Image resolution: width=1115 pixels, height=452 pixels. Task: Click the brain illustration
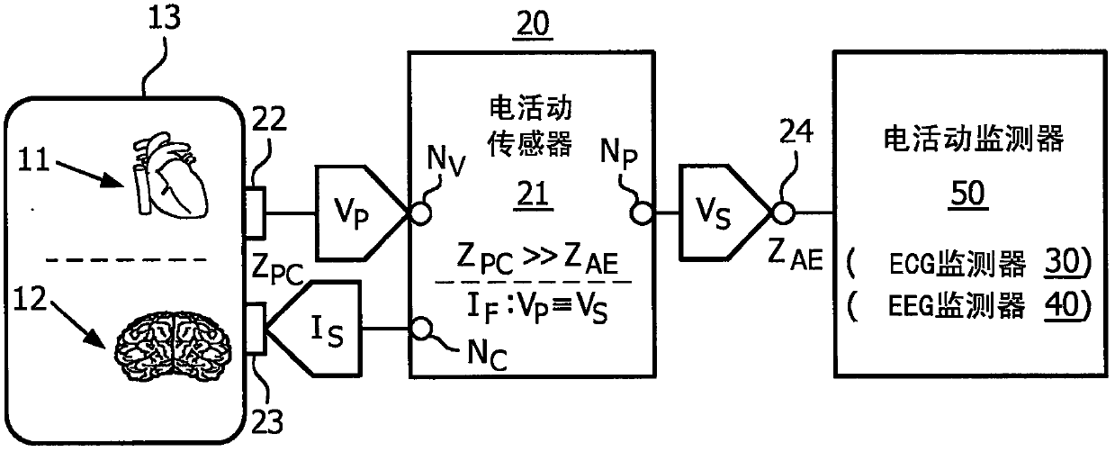(x=173, y=347)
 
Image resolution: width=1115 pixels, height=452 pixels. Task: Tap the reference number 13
(x=165, y=18)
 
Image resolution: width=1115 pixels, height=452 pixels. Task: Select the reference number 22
(x=269, y=119)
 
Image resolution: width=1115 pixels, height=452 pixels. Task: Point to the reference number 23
(x=266, y=421)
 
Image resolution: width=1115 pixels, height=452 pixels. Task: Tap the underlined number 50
(x=967, y=194)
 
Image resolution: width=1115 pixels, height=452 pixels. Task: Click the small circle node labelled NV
(x=420, y=214)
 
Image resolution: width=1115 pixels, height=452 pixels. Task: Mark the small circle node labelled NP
(x=642, y=213)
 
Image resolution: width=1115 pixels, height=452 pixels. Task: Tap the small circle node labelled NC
(x=421, y=329)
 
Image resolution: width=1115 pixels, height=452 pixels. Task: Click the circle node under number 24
(x=783, y=213)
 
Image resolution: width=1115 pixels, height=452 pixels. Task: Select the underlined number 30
(x=1063, y=262)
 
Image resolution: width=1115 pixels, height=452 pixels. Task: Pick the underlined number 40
(x=1063, y=304)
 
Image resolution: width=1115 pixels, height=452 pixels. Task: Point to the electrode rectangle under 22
(x=256, y=212)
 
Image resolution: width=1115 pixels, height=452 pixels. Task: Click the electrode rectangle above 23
(x=256, y=329)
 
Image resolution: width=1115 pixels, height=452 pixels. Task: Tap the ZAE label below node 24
(x=795, y=254)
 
